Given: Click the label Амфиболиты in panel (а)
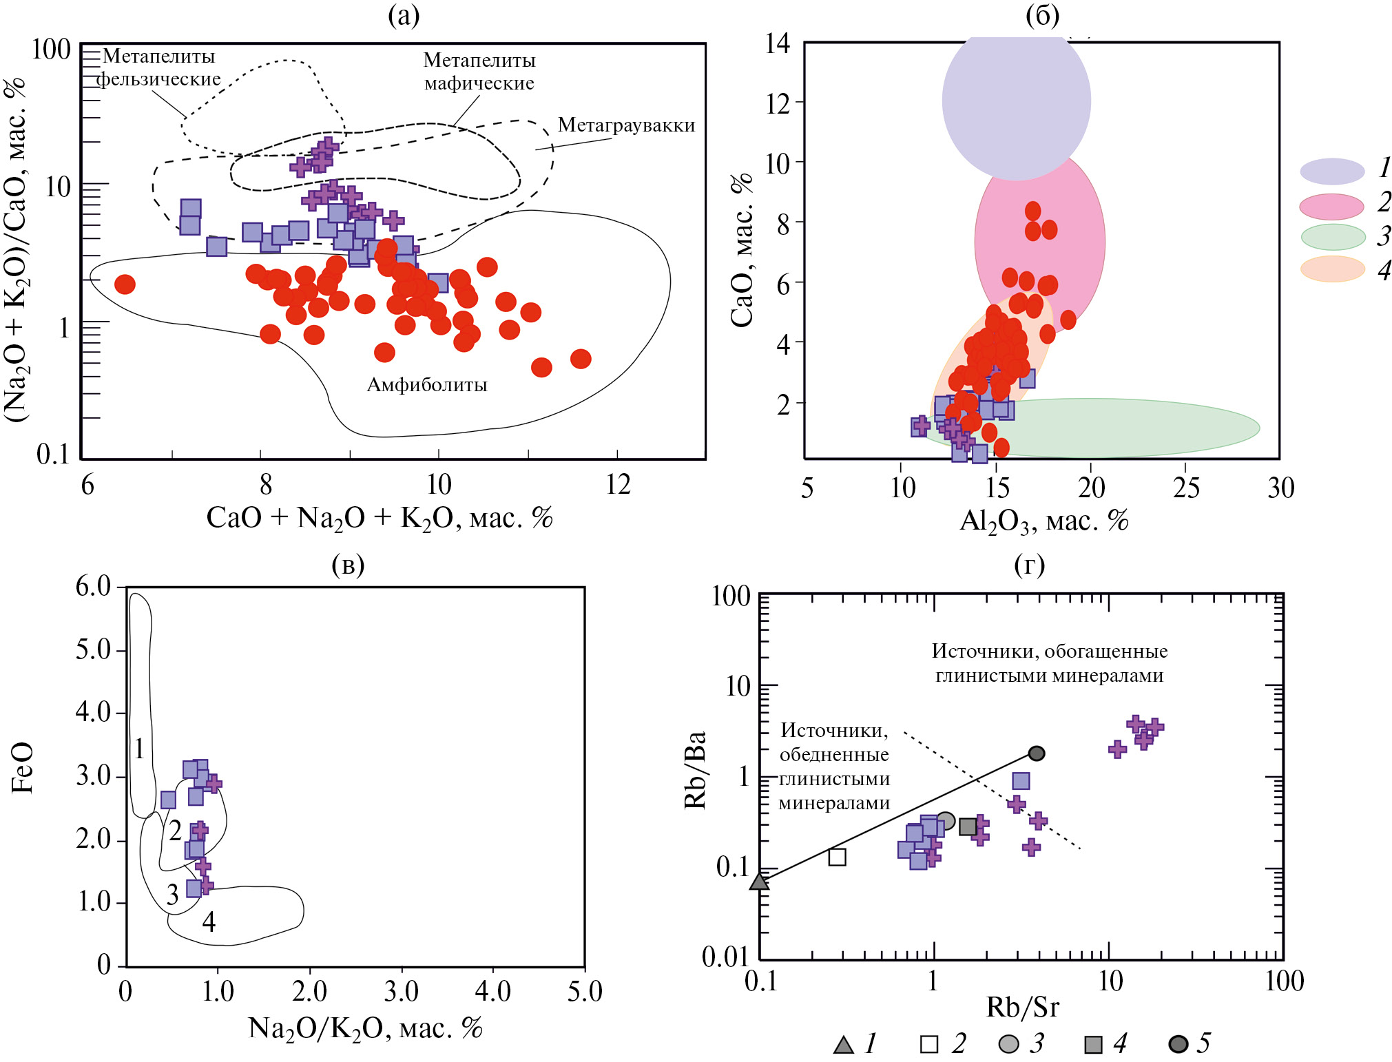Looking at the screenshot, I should pyautogui.click(x=426, y=384).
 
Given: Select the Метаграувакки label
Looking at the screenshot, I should pyautogui.click(x=626, y=125).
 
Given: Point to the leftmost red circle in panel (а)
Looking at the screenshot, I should pyautogui.click(x=125, y=284).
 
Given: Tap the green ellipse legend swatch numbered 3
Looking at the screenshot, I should pyautogui.click(x=1333, y=237).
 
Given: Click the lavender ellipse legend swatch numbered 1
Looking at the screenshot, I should pyautogui.click(x=1332, y=171).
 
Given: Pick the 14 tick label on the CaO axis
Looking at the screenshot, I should pyautogui.click(x=778, y=43).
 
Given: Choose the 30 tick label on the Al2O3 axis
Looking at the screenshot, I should pyautogui.click(x=1280, y=488).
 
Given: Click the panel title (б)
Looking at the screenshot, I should pyautogui.click(x=1042, y=16).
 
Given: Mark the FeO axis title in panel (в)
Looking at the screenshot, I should pyautogui.click(x=22, y=767).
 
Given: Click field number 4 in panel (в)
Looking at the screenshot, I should pyautogui.click(x=209, y=922).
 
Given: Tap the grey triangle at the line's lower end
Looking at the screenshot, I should pyautogui.click(x=759, y=881).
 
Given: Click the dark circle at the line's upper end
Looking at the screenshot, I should pyautogui.click(x=1037, y=753).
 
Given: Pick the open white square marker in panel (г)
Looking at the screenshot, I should pyautogui.click(x=837, y=857).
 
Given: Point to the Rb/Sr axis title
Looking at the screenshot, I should pyautogui.click(x=1022, y=1007).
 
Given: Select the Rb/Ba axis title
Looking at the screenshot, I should pyautogui.click(x=696, y=769).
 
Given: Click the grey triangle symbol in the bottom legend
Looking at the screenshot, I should pyautogui.click(x=843, y=1045).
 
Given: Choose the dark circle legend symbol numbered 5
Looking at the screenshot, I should pyautogui.click(x=1178, y=1044).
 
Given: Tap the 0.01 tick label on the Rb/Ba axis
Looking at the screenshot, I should pyautogui.click(x=725, y=957).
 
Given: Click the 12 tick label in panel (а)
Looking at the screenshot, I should pyautogui.click(x=618, y=485).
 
